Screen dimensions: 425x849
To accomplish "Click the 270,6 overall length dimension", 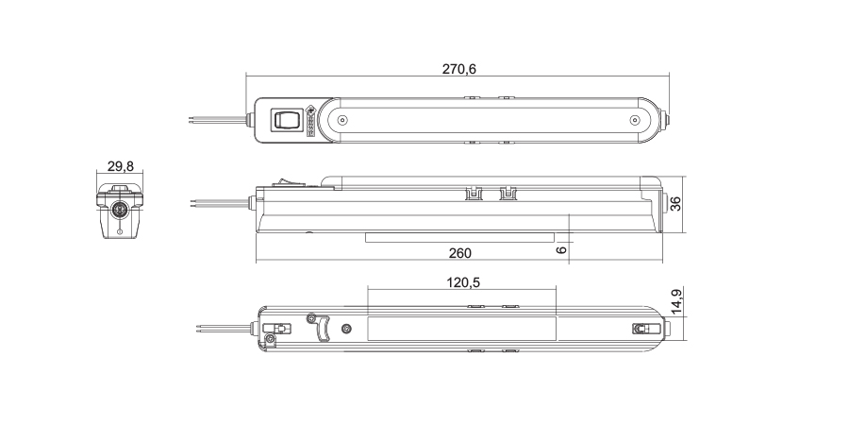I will pos(458,69).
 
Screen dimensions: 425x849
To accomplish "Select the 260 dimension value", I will pos(459,253).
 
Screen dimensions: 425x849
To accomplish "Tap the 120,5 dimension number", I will pos(462,282).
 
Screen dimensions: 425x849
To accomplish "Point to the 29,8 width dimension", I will pos(120,166).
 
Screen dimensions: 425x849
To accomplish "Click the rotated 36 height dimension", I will pos(675,204).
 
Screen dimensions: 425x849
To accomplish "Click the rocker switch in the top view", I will pos(287,120).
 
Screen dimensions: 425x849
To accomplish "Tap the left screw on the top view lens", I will pos(342,121).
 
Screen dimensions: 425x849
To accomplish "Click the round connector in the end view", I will pos(120,209).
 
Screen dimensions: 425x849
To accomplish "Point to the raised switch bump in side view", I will pos(280,183).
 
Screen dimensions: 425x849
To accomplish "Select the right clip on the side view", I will pos(508,195).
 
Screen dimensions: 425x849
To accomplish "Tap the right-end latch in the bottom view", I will pos(642,329).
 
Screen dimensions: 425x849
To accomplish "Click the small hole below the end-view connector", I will pos(120,229).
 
